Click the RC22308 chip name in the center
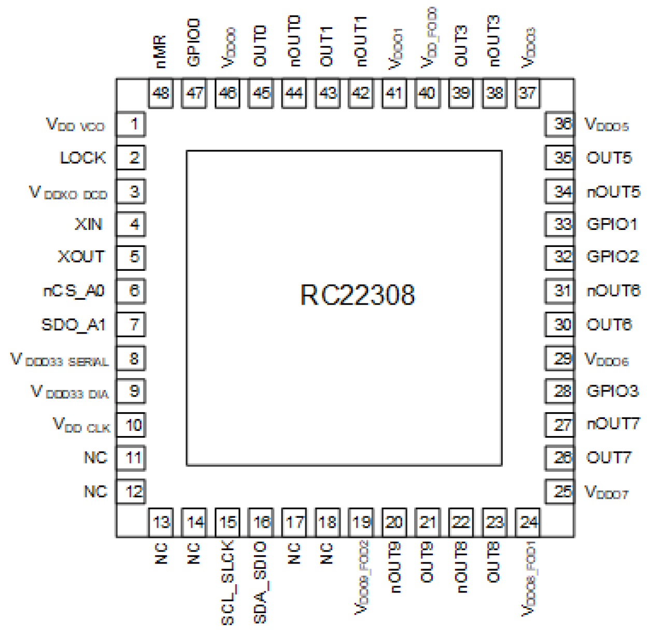click(357, 295)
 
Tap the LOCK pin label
click(82, 158)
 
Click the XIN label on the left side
click(89, 224)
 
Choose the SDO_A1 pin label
click(73, 325)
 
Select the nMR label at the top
click(161, 52)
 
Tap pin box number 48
click(161, 93)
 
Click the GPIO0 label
click(193, 42)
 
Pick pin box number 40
click(427, 93)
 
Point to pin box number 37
click(528, 93)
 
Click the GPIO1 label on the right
click(612, 224)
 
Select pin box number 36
click(560, 124)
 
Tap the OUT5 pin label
click(609, 158)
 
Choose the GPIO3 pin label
click(612, 391)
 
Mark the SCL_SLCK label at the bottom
click(228, 582)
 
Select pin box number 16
click(261, 522)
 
